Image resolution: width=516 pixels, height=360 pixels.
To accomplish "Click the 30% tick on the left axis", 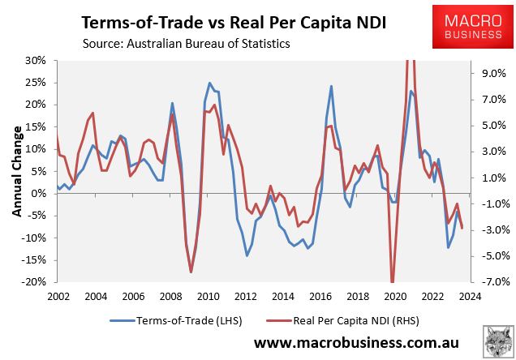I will (x=35, y=61).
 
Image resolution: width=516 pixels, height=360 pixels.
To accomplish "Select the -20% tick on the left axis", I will (x=33, y=282).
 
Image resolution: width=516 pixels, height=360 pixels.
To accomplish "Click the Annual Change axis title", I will (x=15, y=171).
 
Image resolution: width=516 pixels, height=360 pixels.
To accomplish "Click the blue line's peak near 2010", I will (x=209, y=83).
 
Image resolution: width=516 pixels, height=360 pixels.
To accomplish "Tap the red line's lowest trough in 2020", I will (x=393, y=281).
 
